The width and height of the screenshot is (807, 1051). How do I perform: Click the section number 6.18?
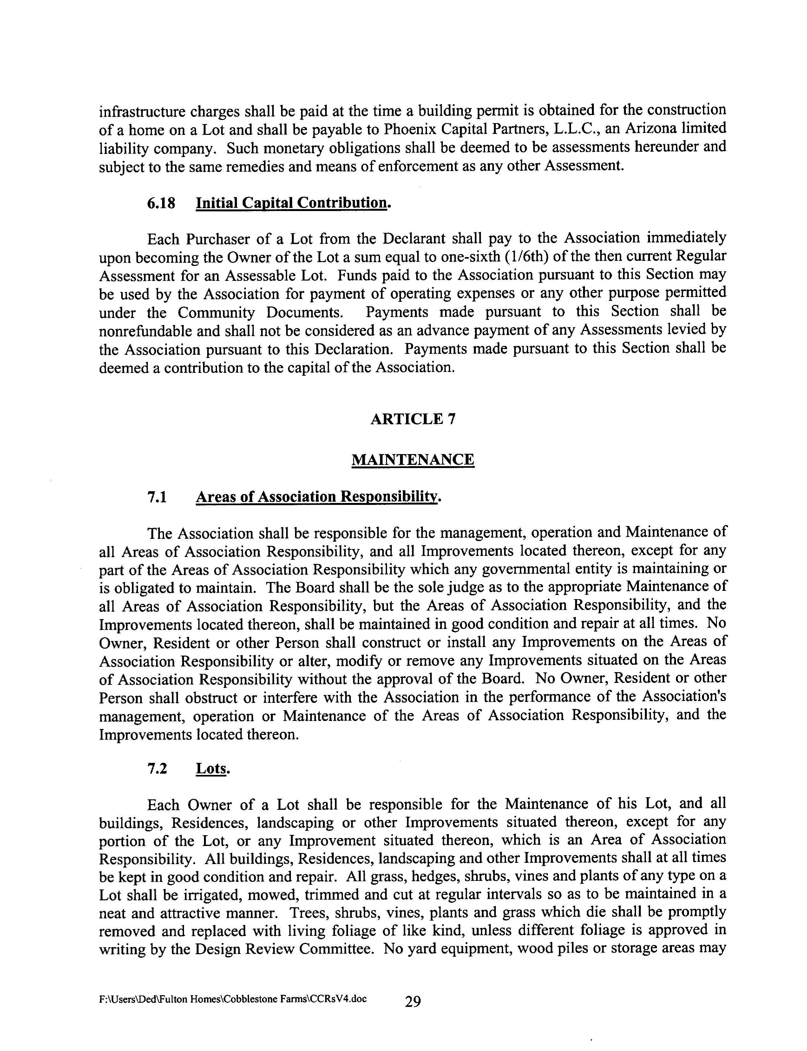(x=161, y=203)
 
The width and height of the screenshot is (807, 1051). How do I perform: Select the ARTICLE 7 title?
(x=413, y=419)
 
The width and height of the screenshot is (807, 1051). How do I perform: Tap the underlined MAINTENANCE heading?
(x=413, y=460)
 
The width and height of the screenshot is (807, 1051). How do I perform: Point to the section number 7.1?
(x=157, y=497)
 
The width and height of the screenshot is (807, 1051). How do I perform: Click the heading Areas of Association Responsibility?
(x=318, y=497)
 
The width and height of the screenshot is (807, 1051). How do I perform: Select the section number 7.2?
(x=157, y=769)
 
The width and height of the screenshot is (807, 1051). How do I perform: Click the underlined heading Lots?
(x=212, y=769)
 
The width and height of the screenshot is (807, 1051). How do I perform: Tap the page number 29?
(x=413, y=1002)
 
